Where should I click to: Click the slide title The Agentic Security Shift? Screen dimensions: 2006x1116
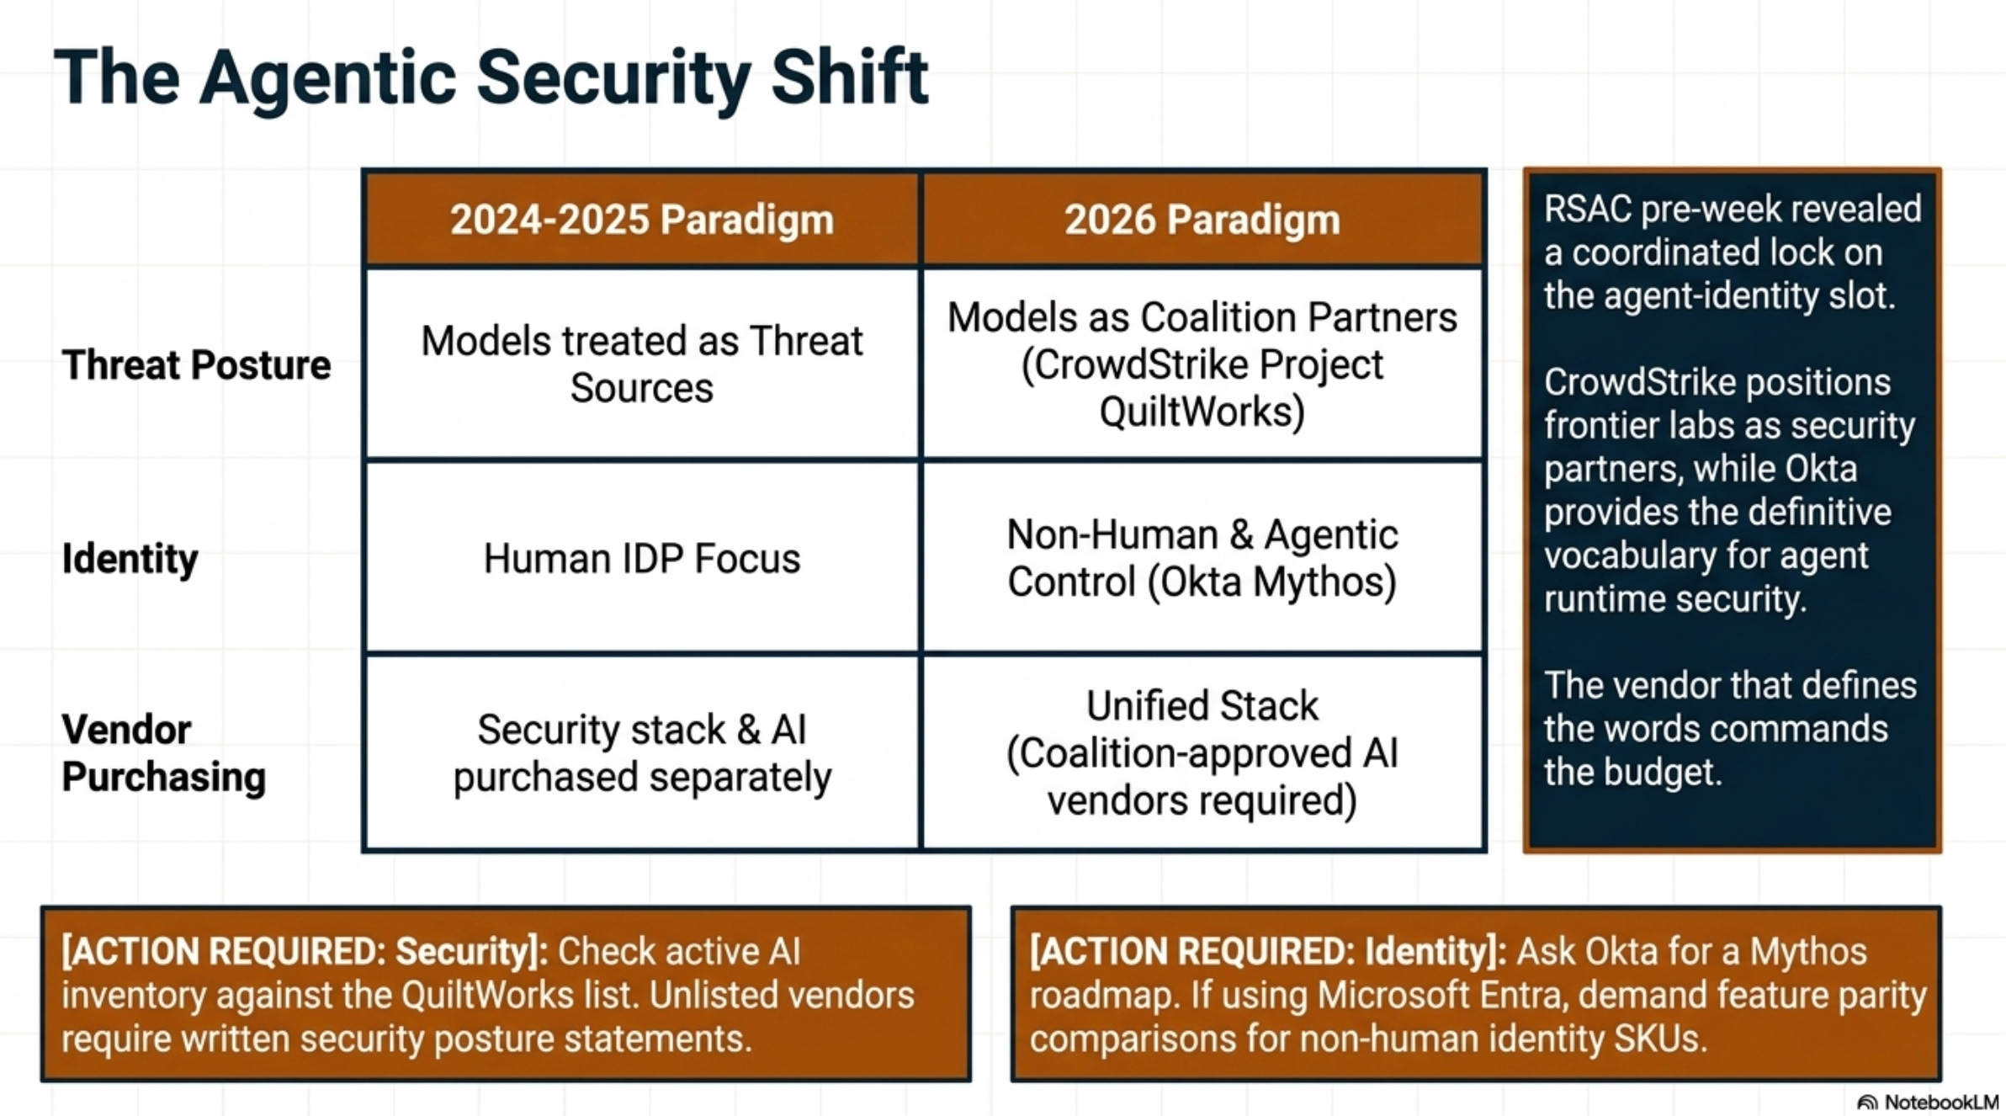click(491, 78)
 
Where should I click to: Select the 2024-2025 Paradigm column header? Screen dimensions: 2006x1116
click(641, 220)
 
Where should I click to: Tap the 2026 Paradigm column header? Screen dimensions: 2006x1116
click(1202, 220)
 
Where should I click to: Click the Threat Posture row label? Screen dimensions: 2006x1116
click(196, 365)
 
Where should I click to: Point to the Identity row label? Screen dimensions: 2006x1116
click(130, 559)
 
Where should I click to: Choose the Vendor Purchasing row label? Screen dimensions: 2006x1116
click(164, 753)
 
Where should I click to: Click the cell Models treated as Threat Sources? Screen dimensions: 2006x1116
click(641, 364)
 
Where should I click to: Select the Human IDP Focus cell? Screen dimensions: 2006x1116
click(641, 559)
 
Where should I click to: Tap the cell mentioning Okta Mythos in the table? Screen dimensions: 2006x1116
click(1202, 558)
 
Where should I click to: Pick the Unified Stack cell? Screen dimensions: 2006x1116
click(1202, 752)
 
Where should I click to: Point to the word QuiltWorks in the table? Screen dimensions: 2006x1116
click(1202, 412)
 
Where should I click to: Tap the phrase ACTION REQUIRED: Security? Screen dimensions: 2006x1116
click(304, 952)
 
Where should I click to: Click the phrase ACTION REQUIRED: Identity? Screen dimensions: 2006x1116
click(1267, 952)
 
